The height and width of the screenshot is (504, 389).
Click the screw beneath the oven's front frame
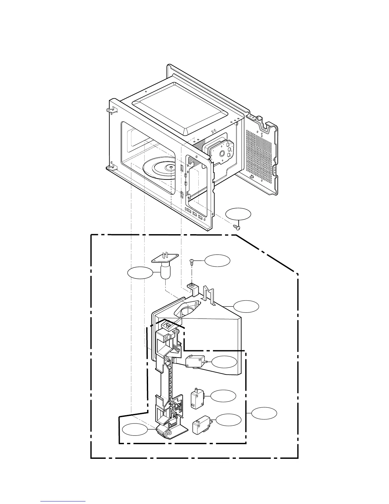237,227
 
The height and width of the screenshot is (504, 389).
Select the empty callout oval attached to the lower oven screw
238,214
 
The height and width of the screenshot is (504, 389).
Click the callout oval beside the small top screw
217,261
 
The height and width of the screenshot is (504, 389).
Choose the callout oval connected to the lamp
140,273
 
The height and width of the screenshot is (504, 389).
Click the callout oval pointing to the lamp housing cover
246,306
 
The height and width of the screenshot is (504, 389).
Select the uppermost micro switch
195,362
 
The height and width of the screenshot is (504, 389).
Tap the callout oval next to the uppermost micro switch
224,362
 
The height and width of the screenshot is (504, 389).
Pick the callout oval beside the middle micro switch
223,396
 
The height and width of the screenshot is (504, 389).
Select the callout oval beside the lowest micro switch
229,420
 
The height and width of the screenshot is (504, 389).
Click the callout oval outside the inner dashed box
264,413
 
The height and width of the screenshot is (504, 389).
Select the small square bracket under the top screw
192,288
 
